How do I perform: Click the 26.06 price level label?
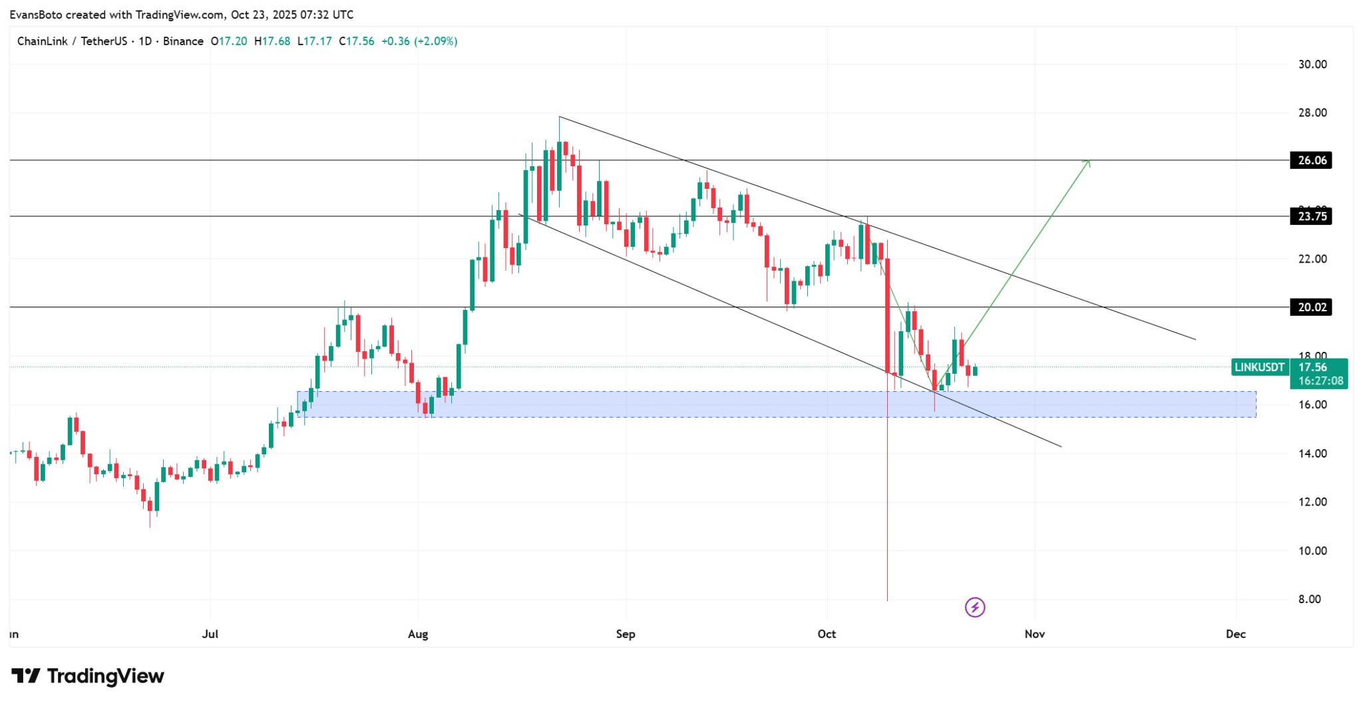pyautogui.click(x=1311, y=160)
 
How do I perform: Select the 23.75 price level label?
pyautogui.click(x=1311, y=216)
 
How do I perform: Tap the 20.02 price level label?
pyautogui.click(x=1311, y=307)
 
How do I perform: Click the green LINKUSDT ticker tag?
pyautogui.click(x=1260, y=367)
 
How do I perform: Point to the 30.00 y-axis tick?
pyautogui.click(x=1312, y=65)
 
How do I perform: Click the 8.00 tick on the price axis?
pyautogui.click(x=1309, y=599)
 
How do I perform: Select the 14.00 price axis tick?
pyautogui.click(x=1312, y=454)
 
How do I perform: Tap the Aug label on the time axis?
pyautogui.click(x=418, y=634)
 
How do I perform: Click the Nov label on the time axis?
pyautogui.click(x=1034, y=634)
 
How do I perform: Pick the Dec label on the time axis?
pyautogui.click(x=1235, y=634)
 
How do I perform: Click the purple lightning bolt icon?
pyautogui.click(x=975, y=607)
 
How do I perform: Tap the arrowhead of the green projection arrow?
pyautogui.click(x=1087, y=162)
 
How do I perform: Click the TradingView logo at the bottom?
pyautogui.click(x=88, y=676)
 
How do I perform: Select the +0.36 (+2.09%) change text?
pyautogui.click(x=419, y=41)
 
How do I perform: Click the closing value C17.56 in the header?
pyautogui.click(x=356, y=41)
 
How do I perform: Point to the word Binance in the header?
pyautogui.click(x=183, y=41)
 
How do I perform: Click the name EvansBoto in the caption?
pyautogui.click(x=36, y=15)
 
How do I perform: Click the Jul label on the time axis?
pyautogui.click(x=210, y=634)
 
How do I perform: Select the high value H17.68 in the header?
pyautogui.click(x=272, y=41)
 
